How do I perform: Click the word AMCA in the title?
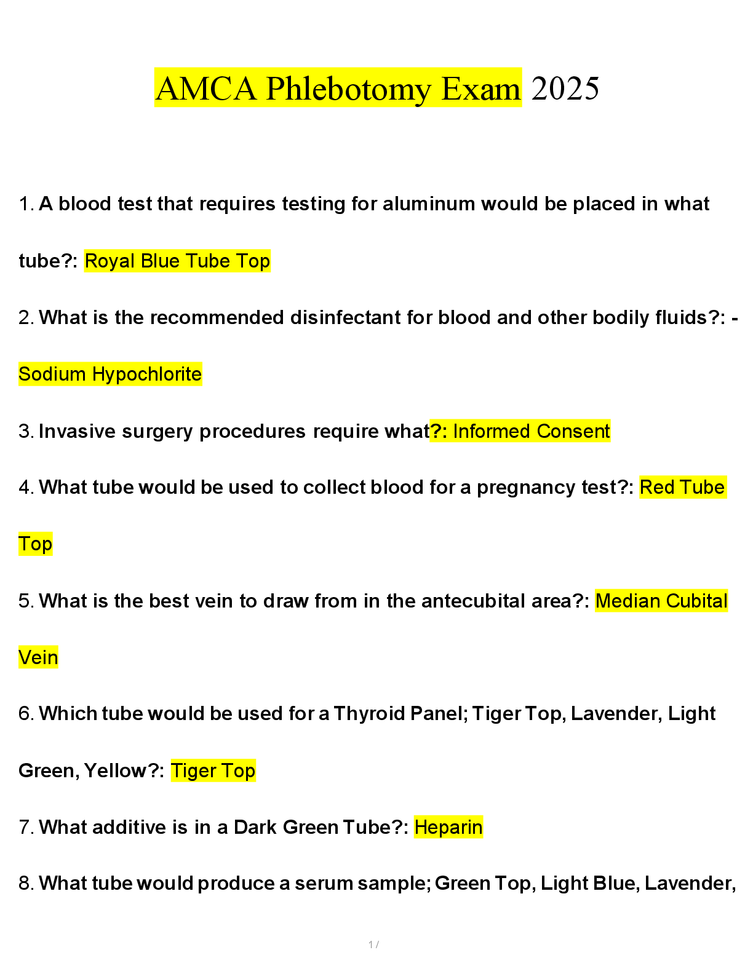click(x=205, y=89)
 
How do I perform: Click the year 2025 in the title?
click(x=565, y=89)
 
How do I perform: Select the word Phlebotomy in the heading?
click(x=349, y=89)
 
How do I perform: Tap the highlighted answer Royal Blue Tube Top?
click(x=177, y=261)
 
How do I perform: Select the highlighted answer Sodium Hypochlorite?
click(x=110, y=374)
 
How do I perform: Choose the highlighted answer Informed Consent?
click(x=531, y=431)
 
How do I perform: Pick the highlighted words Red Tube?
click(x=682, y=487)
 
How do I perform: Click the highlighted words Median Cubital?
click(x=661, y=601)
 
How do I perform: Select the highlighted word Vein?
click(x=38, y=657)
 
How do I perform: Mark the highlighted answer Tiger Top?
click(x=213, y=770)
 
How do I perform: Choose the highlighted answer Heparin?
click(x=448, y=827)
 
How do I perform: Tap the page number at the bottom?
click(x=373, y=944)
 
